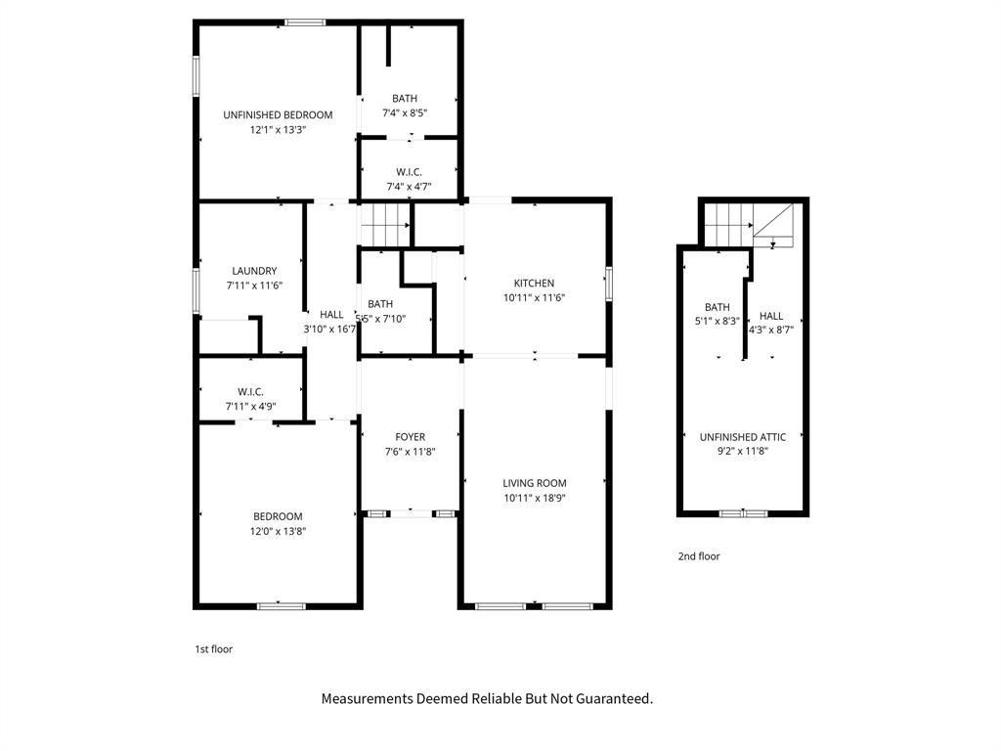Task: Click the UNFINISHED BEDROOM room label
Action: tap(278, 114)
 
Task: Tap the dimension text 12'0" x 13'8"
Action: tap(278, 531)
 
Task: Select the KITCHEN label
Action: tap(534, 283)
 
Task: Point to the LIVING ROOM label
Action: tap(534, 483)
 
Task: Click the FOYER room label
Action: tap(410, 437)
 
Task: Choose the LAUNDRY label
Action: tap(254, 271)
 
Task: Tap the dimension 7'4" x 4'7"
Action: tap(409, 187)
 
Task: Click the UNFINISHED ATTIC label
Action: tap(743, 437)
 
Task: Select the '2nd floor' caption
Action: tap(699, 556)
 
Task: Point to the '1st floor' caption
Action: tap(214, 648)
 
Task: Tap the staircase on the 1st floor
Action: tap(385, 224)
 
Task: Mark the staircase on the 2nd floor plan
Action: tap(727, 224)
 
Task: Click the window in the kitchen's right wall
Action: tap(608, 284)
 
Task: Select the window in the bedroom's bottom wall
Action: tap(281, 606)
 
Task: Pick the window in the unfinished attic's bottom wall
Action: tap(743, 512)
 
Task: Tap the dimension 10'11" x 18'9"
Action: tap(534, 498)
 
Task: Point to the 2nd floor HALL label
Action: tap(771, 316)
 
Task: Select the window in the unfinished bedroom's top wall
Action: tap(305, 22)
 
